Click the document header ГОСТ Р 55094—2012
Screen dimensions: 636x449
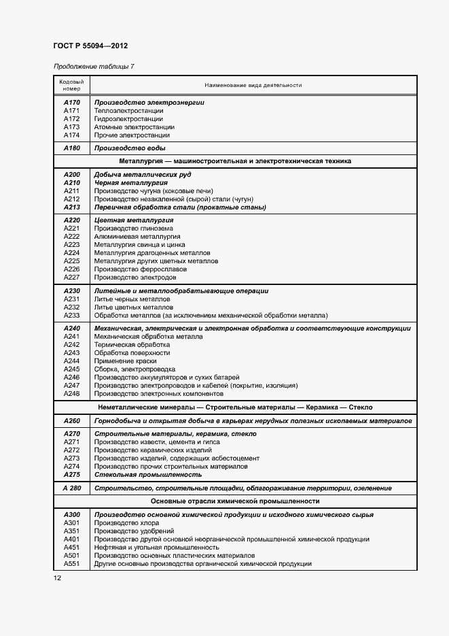[90, 46]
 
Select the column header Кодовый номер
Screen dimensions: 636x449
[71, 85]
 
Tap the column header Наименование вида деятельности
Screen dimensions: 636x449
[253, 85]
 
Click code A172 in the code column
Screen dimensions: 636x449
[71, 119]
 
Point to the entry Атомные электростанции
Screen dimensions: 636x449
[134, 127]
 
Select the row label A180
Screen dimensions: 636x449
[71, 148]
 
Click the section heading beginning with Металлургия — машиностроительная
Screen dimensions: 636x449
[235, 161]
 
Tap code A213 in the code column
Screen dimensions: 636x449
[71, 207]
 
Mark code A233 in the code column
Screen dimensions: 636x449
[71, 316]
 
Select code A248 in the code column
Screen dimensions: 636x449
[71, 394]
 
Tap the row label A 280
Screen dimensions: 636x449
[71, 488]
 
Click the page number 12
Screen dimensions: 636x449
[57, 578]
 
